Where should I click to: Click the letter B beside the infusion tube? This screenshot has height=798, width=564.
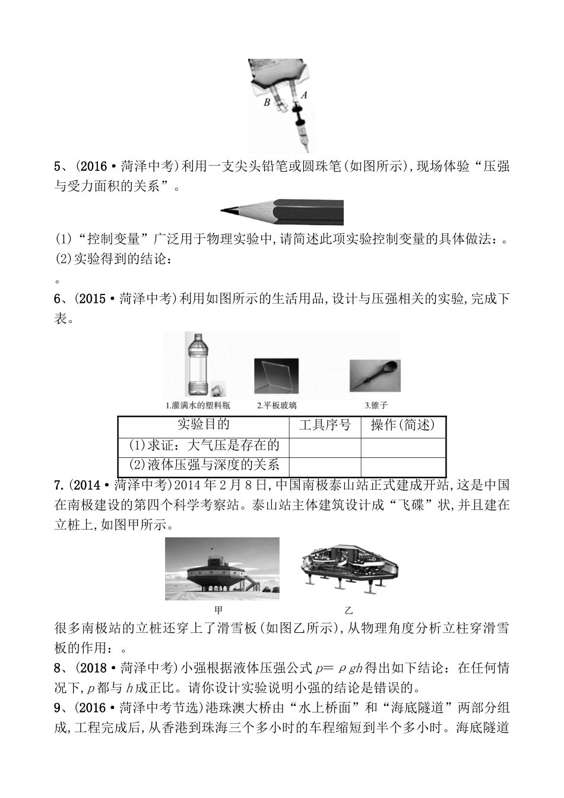(267, 102)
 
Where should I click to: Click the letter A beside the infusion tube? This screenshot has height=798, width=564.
(304, 94)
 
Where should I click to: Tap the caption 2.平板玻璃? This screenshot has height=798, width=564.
(277, 406)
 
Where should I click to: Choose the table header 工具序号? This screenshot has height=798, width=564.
(325, 425)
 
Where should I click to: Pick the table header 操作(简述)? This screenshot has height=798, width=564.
(403, 425)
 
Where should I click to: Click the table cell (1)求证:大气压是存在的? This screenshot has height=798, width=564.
(204, 445)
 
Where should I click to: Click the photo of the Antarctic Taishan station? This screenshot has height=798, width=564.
(222, 569)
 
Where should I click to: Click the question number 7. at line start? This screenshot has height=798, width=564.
(59, 484)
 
